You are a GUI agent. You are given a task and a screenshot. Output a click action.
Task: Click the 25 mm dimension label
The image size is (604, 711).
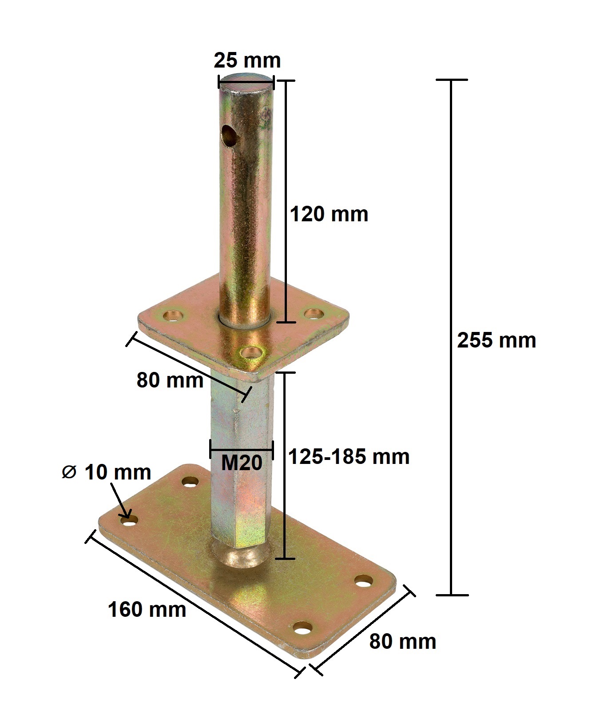[247, 60]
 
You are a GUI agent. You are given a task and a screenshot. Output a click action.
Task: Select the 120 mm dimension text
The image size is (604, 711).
[329, 214]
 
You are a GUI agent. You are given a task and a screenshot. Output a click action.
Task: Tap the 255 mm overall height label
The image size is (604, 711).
[497, 340]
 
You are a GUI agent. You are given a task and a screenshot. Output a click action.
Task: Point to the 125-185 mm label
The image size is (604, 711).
[349, 456]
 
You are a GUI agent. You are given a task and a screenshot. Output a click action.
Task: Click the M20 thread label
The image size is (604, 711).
[242, 463]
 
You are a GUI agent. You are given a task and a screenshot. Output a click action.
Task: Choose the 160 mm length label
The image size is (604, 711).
[147, 609]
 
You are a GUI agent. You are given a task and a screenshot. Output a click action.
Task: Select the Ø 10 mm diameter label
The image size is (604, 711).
[107, 472]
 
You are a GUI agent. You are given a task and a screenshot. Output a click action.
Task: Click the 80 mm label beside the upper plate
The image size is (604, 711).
[170, 380]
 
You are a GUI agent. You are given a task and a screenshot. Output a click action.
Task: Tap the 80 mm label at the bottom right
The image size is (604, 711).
[403, 642]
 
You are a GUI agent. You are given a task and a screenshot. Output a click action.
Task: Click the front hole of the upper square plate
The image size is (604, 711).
[250, 353]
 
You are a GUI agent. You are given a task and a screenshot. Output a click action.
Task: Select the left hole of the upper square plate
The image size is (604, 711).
[173, 316]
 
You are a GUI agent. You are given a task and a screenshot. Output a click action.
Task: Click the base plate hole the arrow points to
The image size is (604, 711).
[129, 520]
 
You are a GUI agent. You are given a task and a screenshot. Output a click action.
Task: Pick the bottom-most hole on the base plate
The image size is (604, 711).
[303, 629]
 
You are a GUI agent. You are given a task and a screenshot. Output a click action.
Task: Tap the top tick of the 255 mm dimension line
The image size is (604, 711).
[452, 80]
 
